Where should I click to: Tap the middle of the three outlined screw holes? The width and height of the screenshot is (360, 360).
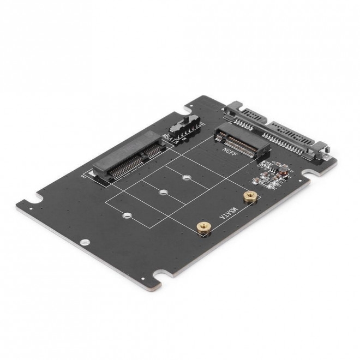pos(163,192)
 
